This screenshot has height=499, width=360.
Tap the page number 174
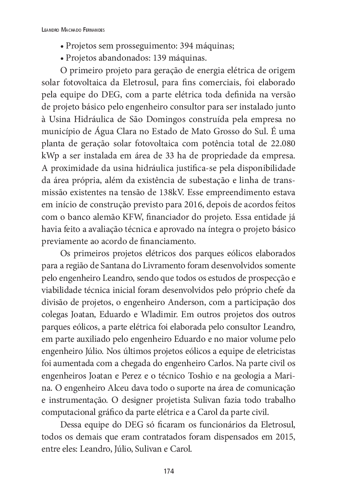[x=168, y=471]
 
